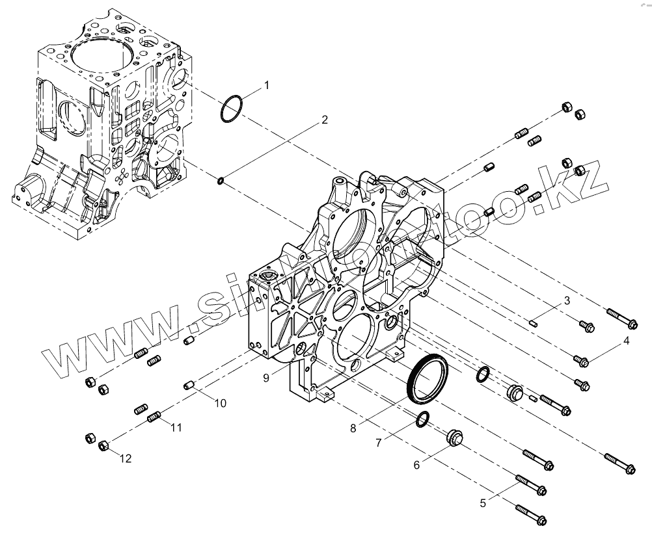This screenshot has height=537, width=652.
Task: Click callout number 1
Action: (x=265, y=85)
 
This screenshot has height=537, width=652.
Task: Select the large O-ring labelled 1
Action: (x=232, y=109)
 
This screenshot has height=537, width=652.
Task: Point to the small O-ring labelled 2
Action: (x=222, y=179)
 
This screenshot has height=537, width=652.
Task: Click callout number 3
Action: (x=567, y=300)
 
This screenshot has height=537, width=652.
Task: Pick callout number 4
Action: (x=626, y=340)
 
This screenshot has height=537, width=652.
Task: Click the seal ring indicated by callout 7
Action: (x=421, y=421)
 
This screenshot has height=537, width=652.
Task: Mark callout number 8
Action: (x=353, y=428)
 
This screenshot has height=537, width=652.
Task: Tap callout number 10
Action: (x=220, y=403)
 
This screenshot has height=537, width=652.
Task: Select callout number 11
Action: (x=176, y=427)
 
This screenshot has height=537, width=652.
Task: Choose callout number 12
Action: (x=125, y=458)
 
